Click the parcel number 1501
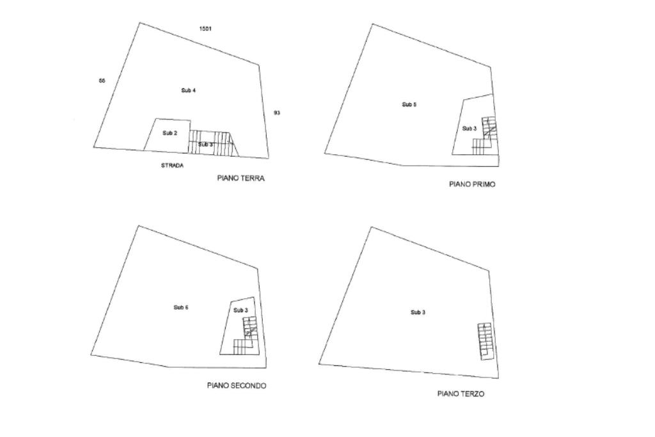205,29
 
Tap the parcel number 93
277,113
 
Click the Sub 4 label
189,90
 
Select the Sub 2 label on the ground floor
170,133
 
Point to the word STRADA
172,166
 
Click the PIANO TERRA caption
241,179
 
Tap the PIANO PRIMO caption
472,184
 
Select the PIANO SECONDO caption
237,386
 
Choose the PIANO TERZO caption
461,394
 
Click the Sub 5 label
409,104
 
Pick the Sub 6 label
181,308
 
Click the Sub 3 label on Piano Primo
469,129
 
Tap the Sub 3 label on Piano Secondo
241,310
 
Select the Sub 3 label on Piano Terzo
418,312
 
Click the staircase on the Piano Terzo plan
486,341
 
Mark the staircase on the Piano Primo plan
485,136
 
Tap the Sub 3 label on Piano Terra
205,145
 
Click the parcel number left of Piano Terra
102,81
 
